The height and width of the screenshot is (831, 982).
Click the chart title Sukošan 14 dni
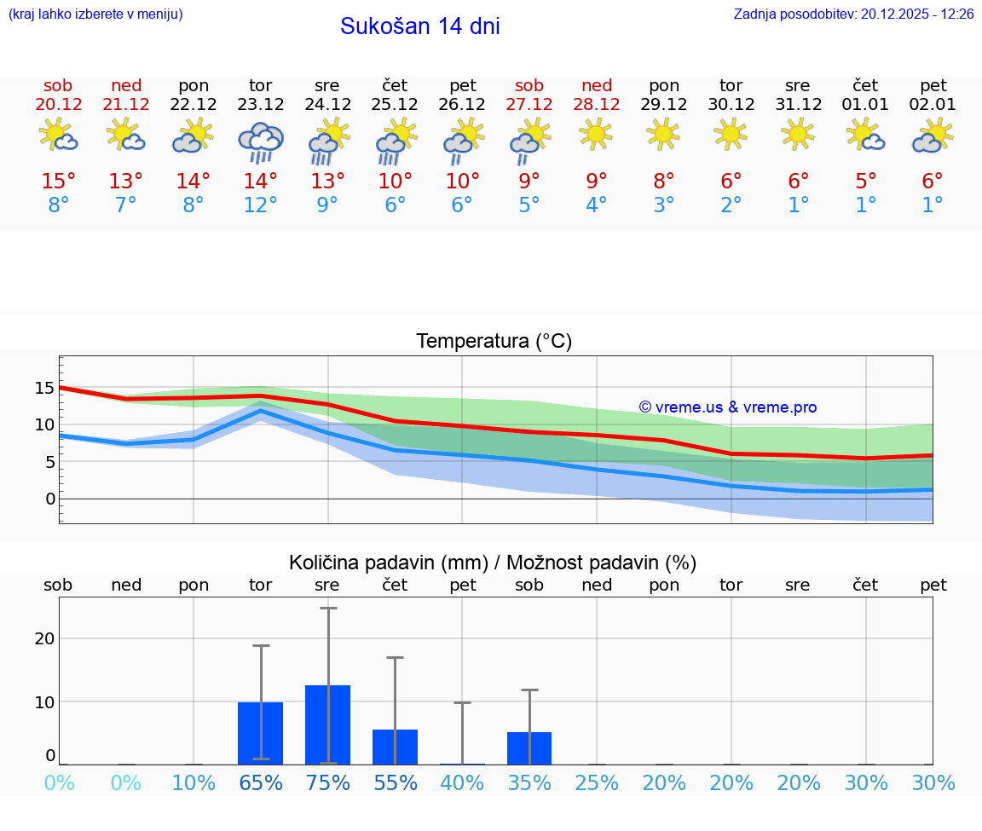[419, 26]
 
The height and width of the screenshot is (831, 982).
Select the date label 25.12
[395, 105]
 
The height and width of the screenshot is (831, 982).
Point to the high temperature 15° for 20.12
[59, 182]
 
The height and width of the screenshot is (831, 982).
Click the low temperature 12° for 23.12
[260, 205]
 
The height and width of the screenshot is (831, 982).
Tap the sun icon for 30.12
[731, 134]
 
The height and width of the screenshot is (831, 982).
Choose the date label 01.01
[865, 105]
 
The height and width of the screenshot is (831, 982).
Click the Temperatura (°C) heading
[494, 342]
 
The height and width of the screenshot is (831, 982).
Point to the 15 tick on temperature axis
[44, 388]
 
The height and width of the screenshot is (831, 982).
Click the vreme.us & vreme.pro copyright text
[728, 407]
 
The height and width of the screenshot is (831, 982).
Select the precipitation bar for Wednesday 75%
[327, 724]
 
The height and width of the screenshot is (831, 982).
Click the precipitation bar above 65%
[260, 733]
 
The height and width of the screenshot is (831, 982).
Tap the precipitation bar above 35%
[529, 747]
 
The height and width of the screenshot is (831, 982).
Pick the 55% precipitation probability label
[395, 782]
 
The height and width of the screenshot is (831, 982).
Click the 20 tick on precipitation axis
[44, 638]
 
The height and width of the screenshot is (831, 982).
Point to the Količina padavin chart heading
[493, 563]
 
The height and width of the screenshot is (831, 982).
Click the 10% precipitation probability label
[194, 782]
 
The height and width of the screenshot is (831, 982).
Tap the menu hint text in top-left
[95, 14]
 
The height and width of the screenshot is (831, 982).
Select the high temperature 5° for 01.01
[865, 182]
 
